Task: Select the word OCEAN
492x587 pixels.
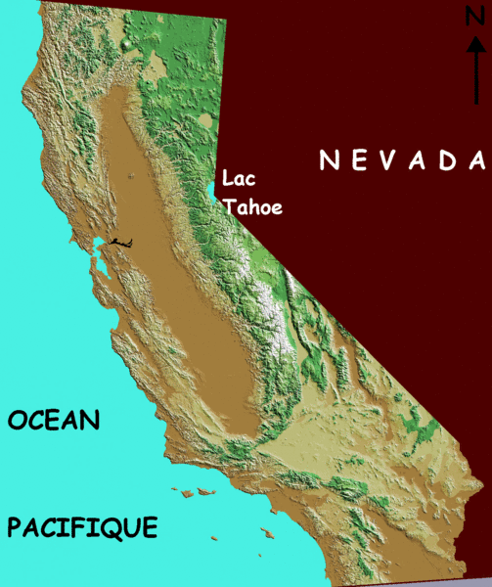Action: (54, 421)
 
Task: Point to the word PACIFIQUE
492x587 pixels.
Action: (82, 528)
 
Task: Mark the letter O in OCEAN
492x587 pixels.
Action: (17, 421)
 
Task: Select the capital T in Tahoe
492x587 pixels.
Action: (229, 207)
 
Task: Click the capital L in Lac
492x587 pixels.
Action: (227, 180)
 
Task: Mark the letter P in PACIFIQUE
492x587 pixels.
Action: (15, 528)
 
